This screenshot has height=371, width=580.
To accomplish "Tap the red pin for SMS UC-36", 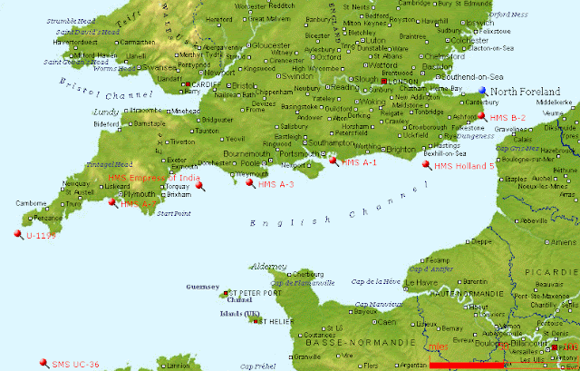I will click(x=43, y=361).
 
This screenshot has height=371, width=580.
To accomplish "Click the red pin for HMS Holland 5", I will click(x=427, y=165).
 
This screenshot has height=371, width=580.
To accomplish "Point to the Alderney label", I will click(x=267, y=267).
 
